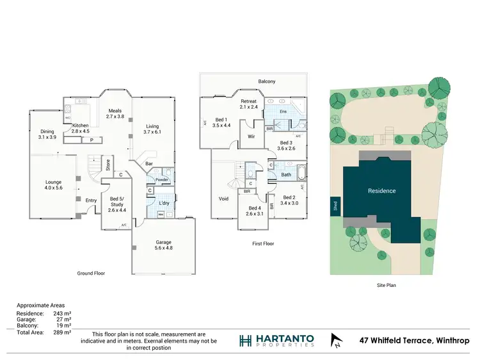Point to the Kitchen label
[81, 127]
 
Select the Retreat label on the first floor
[248, 104]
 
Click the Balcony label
[267, 81]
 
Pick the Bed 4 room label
[255, 211]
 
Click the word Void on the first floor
[223, 199]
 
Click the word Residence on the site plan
[381, 191]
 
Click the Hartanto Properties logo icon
[245, 340]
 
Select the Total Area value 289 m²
[63, 334]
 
